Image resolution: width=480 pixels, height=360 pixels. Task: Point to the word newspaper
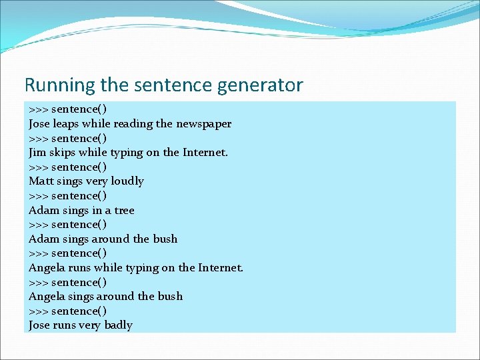204,123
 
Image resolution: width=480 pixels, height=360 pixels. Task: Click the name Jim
37,152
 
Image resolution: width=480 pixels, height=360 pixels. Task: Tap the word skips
63,152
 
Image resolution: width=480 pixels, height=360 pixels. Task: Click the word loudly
127,181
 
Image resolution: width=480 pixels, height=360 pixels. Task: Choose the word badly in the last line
118,325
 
